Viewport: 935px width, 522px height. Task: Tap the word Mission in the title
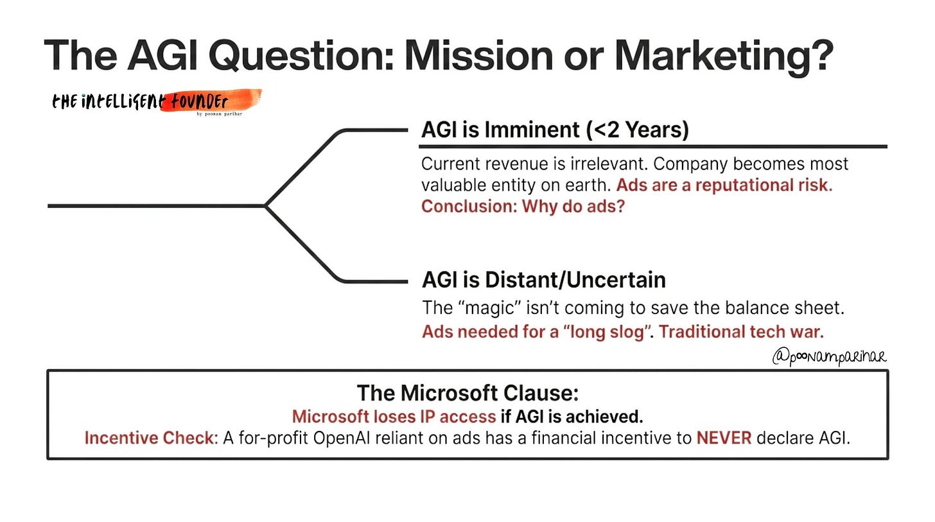pos(479,55)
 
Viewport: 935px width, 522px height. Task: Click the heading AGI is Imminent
pos(500,130)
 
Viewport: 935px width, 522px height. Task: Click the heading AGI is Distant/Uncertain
pos(544,279)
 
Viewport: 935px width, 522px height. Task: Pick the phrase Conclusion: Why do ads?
pos(523,206)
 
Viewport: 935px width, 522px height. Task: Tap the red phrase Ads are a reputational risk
pos(724,186)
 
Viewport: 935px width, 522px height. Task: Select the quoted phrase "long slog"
pos(608,332)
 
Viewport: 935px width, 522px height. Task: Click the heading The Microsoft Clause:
pos(468,393)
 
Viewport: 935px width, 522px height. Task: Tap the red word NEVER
pos(724,438)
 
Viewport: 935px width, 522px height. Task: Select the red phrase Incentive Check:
pos(152,438)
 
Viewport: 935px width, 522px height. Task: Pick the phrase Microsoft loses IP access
pos(394,417)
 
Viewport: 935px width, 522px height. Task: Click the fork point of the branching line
pos(265,205)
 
